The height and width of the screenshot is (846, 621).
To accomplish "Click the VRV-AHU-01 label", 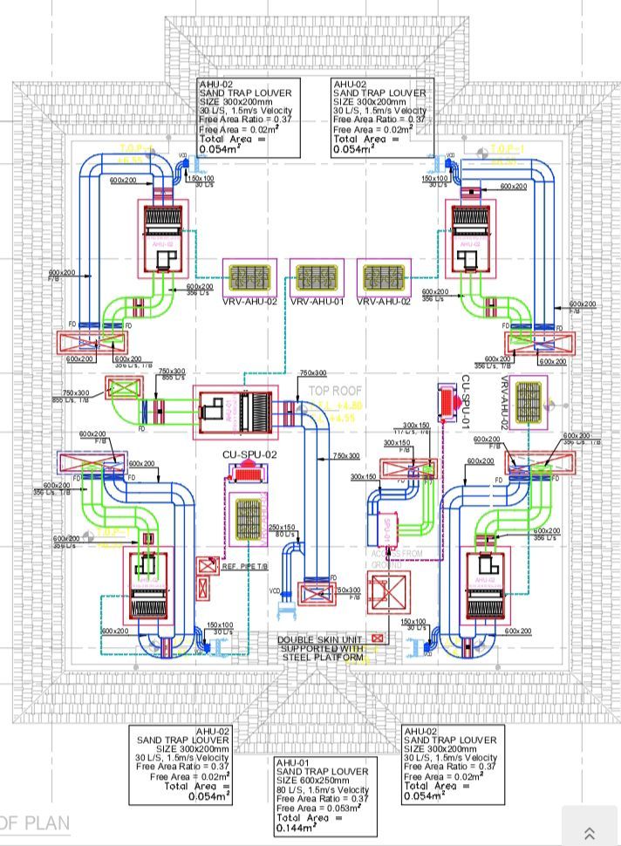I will tap(317, 302).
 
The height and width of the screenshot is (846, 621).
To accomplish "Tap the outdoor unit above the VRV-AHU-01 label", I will tap(317, 276).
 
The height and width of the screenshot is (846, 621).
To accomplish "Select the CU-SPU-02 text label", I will tap(249, 454).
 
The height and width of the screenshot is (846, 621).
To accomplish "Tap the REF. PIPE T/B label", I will tap(246, 567).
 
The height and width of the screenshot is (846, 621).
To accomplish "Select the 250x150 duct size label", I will tap(283, 527).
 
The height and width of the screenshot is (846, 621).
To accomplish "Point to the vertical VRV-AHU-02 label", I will tap(504, 402).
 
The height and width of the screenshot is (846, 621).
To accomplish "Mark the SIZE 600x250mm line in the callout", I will tap(319, 781).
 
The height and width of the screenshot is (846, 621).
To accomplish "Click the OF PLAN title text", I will tap(35, 822).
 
